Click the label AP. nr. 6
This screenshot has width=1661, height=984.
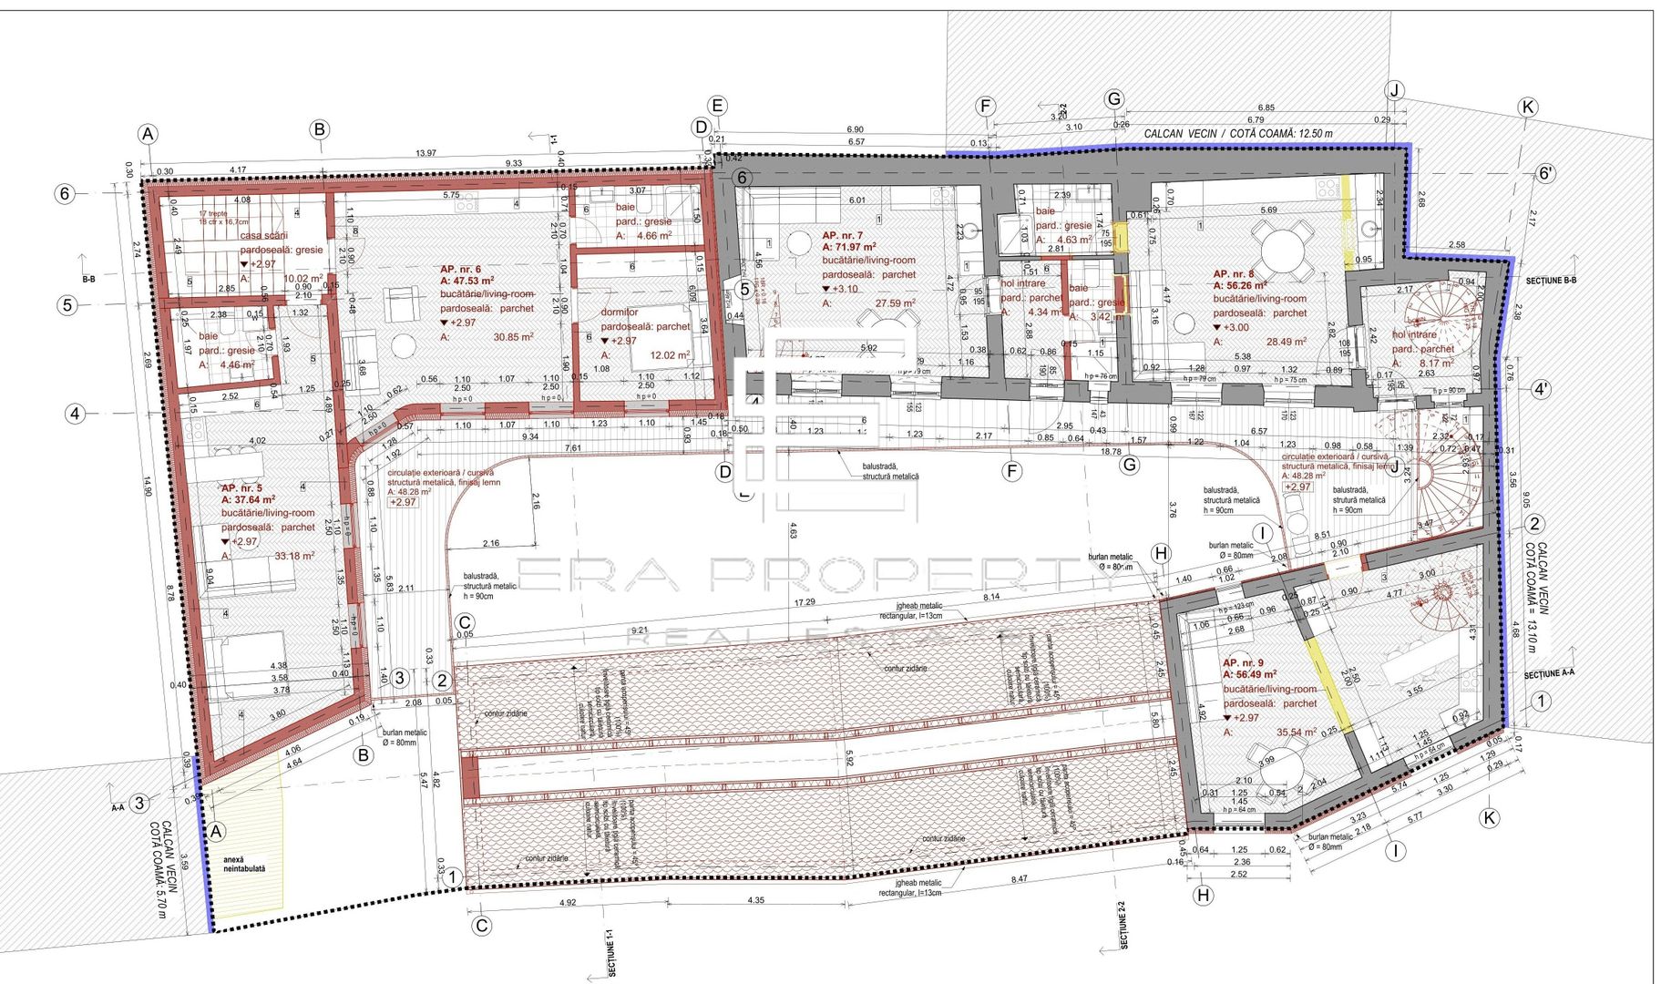460,270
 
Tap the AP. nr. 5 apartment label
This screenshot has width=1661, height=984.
241,488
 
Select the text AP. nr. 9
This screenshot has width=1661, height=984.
1243,663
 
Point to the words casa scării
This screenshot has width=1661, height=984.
263,235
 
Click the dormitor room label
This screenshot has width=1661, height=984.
620,313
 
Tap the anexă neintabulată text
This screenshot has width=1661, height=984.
244,864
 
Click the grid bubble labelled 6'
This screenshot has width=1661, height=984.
1545,173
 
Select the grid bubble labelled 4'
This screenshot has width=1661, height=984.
1540,390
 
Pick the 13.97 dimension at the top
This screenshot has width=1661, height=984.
426,153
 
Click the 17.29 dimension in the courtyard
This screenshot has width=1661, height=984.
805,602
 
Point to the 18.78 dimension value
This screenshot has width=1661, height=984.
1111,452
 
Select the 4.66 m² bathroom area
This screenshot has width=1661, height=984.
653,236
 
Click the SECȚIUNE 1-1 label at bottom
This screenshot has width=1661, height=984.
610,953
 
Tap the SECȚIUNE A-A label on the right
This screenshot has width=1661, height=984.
1549,673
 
